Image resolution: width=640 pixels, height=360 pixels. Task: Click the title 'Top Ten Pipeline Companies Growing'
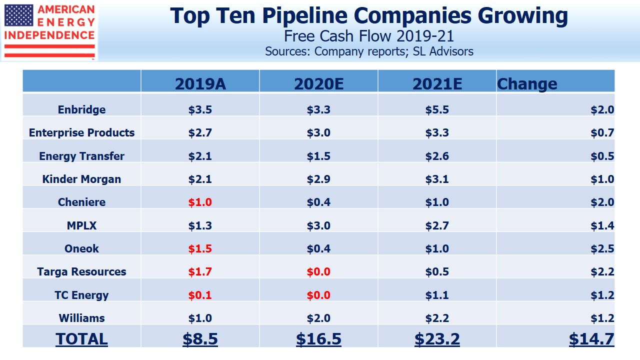point(368,16)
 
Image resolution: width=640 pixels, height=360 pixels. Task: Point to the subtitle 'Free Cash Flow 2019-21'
point(368,36)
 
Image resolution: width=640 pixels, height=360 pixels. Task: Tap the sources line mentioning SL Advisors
point(368,51)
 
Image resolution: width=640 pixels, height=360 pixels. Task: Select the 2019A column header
point(200,83)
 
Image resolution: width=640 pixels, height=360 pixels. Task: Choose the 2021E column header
point(437,83)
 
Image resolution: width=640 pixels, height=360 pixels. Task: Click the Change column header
point(527,83)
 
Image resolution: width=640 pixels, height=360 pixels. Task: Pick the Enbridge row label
point(81,109)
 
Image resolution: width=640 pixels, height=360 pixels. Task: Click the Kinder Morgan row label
point(81,179)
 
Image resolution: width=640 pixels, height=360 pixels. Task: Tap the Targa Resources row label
point(81,271)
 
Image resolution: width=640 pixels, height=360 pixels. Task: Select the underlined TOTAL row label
point(81,338)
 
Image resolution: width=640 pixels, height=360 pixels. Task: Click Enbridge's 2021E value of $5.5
point(437,109)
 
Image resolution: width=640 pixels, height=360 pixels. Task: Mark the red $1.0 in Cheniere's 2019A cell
point(200,202)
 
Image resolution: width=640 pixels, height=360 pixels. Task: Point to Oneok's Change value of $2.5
point(602,248)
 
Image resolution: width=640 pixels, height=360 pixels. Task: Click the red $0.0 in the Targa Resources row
point(318,271)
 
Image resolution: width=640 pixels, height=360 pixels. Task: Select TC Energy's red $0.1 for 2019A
point(200,295)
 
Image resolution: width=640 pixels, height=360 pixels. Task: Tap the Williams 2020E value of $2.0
point(318,318)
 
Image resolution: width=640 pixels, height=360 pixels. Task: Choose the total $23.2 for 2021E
point(437,338)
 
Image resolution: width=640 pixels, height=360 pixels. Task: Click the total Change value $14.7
point(591,338)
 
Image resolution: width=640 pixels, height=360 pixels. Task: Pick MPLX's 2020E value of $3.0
point(318,225)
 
